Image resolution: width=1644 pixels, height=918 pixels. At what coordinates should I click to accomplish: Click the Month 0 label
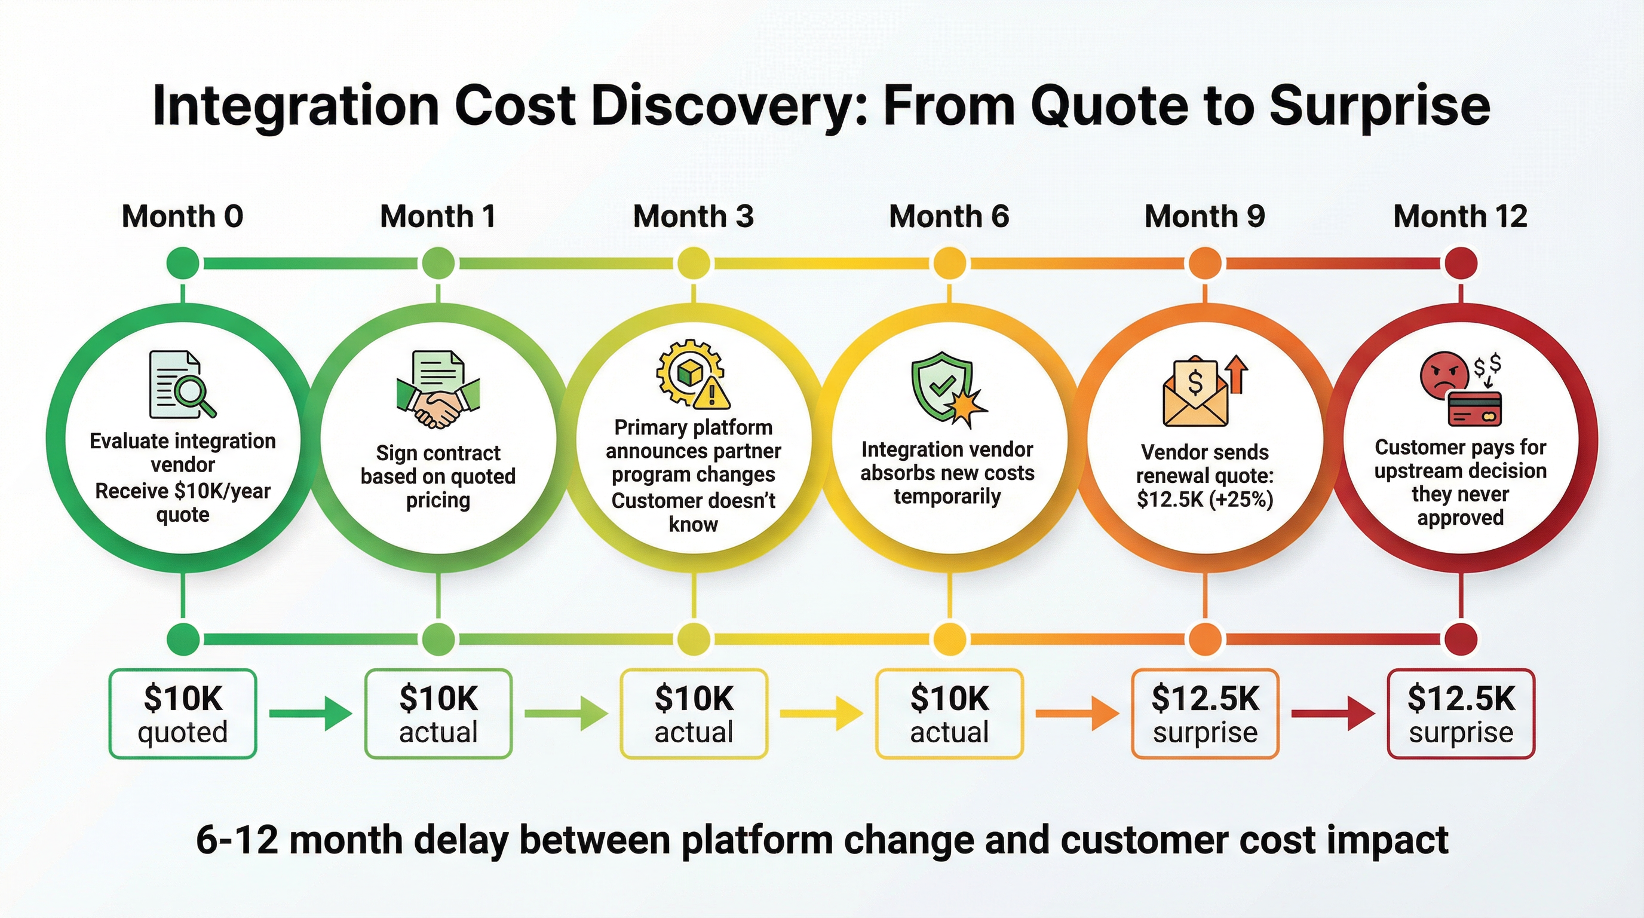[183, 216]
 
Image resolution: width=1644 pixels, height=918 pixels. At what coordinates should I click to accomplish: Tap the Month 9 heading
[1204, 216]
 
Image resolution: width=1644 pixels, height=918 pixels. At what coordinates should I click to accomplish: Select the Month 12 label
[1460, 216]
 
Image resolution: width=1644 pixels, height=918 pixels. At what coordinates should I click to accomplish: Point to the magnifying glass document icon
[182, 384]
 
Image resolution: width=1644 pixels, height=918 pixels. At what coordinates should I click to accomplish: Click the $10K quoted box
[183, 714]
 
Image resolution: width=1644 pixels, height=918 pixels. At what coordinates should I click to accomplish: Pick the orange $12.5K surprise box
[1205, 714]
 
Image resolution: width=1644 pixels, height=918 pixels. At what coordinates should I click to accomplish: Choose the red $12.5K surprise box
[1461, 714]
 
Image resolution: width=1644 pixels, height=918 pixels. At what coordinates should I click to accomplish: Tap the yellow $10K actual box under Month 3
[694, 714]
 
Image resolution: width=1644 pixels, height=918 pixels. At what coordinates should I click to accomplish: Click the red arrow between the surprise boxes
[1333, 713]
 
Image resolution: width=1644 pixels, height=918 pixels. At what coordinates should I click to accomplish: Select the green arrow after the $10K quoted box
[310, 713]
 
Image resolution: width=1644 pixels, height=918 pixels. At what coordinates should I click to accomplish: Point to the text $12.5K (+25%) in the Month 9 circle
[1205, 499]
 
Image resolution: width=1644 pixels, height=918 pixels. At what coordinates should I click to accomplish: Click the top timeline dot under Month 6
[950, 263]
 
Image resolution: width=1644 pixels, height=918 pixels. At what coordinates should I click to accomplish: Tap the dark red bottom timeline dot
[1461, 638]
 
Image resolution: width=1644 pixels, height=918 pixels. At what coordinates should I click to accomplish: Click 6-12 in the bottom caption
[236, 840]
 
